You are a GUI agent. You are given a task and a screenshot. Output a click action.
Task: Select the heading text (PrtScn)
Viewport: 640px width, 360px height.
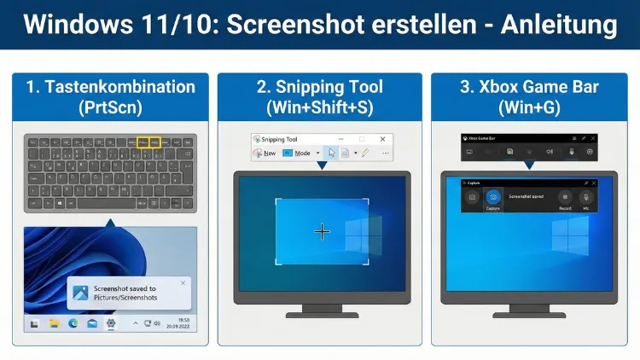click(x=108, y=108)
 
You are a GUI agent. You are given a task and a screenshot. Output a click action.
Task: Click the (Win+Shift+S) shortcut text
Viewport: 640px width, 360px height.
click(x=320, y=108)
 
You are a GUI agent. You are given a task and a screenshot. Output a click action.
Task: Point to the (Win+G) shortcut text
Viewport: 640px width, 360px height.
click(x=533, y=108)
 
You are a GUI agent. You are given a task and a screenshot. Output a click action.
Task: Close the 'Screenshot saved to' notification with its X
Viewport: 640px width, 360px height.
click(x=183, y=282)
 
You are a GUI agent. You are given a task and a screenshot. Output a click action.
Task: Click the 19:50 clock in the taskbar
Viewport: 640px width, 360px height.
click(x=182, y=321)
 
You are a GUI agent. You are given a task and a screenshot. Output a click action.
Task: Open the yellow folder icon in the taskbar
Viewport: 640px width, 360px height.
click(x=54, y=323)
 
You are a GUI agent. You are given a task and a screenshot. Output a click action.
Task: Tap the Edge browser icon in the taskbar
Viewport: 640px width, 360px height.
click(x=73, y=323)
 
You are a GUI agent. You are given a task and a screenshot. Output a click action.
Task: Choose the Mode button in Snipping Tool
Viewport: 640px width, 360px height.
click(x=302, y=154)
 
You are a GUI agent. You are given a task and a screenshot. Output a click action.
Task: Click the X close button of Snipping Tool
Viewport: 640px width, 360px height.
click(x=382, y=139)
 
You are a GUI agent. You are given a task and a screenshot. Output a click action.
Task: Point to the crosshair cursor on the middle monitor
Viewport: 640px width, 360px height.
click(x=322, y=231)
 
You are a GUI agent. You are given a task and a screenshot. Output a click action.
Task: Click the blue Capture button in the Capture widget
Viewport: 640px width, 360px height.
click(x=492, y=198)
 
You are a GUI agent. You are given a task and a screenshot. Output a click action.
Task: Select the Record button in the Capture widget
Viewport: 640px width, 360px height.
click(x=564, y=198)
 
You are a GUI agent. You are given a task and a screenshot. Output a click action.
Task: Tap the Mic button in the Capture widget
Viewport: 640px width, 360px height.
click(x=585, y=198)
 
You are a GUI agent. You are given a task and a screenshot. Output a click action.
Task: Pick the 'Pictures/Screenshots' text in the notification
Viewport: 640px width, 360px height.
click(x=125, y=298)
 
